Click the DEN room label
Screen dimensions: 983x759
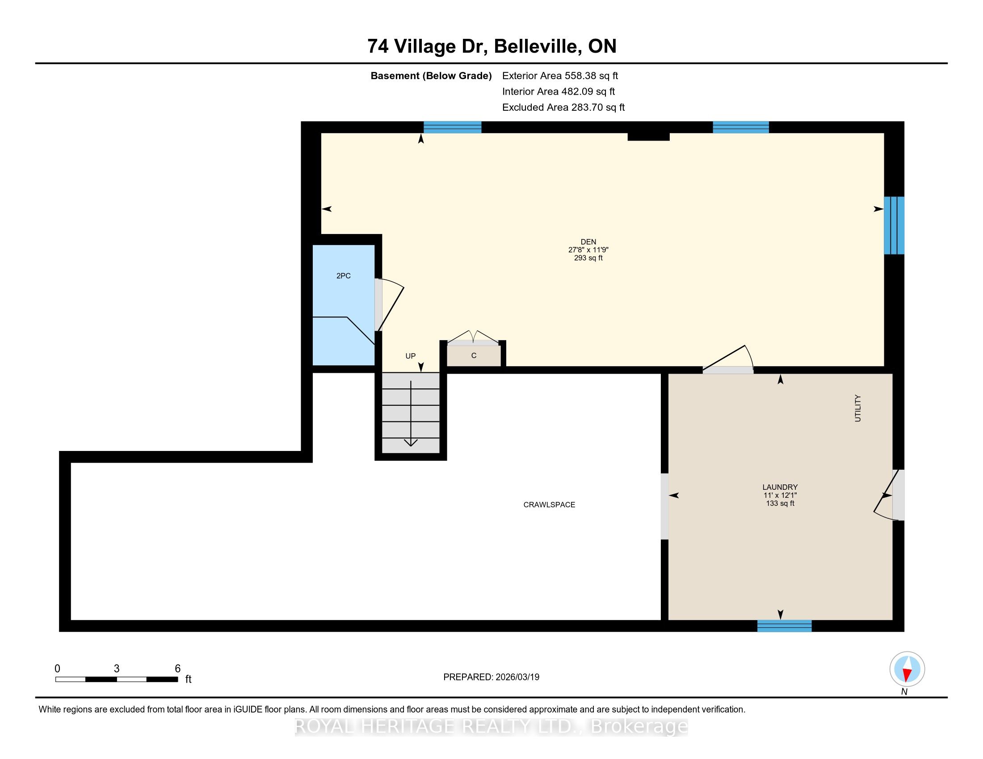point(588,242)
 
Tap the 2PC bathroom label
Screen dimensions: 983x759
point(344,275)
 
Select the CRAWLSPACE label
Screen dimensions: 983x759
point(549,505)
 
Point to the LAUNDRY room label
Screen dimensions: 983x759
point(780,487)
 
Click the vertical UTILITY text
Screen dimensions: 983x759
point(857,408)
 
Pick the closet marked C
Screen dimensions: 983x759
point(474,355)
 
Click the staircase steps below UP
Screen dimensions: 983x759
point(411,413)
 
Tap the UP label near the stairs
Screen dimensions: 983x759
point(411,356)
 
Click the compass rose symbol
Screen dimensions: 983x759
point(907,669)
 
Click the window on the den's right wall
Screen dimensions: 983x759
point(894,225)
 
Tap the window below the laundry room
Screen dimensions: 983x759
point(784,626)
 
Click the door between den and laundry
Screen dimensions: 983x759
point(728,360)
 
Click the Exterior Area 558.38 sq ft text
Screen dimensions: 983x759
point(560,75)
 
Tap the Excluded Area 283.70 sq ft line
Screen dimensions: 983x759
point(563,107)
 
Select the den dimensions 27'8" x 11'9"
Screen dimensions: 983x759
point(588,250)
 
